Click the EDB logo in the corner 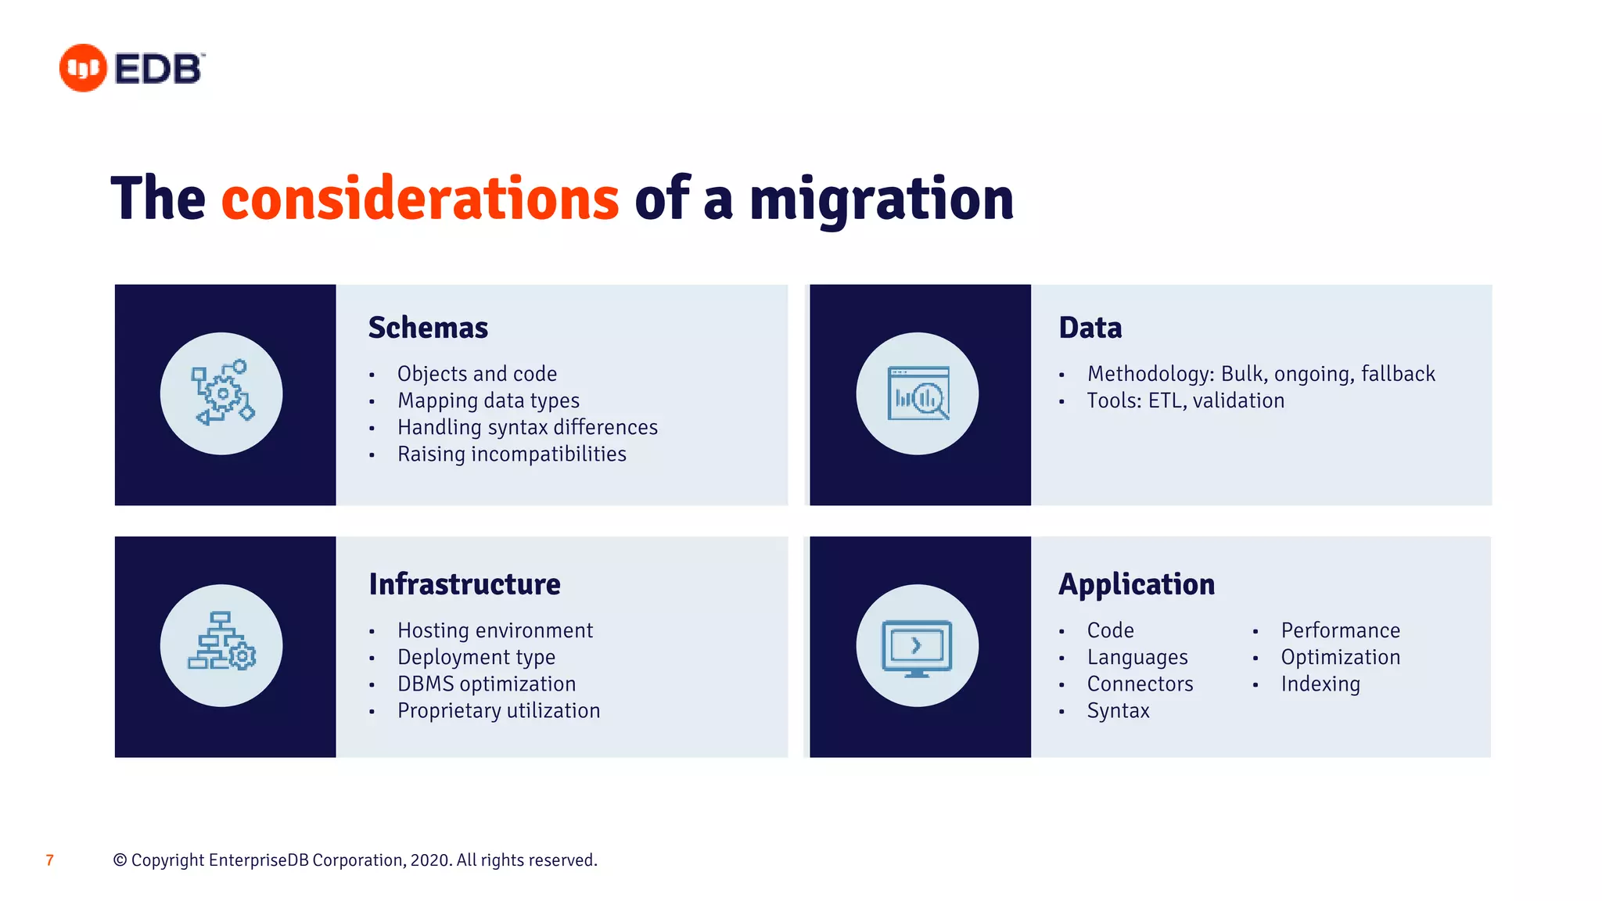131,68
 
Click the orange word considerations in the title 420,199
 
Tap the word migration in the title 881,199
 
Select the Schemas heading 428,328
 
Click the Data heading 1090,328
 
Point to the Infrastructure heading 465,584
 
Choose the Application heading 1136,584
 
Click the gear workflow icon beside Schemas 222,393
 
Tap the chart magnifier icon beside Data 918,393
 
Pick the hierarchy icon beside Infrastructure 222,645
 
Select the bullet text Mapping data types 488,400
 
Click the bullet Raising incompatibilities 512,454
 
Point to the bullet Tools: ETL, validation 1185,400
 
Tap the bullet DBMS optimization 486,684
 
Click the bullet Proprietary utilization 498,711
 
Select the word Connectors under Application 1140,684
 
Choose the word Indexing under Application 1320,684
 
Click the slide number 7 50,860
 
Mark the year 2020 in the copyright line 429,860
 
